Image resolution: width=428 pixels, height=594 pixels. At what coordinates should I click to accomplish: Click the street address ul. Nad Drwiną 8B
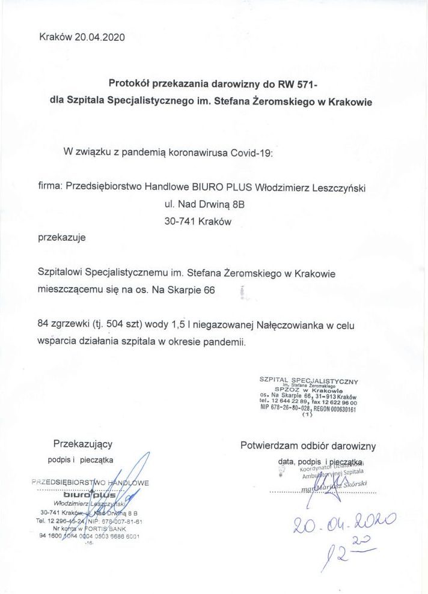pyautogui.click(x=204, y=204)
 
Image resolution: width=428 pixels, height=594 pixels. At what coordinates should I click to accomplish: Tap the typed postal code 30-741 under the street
pyautogui.click(x=179, y=221)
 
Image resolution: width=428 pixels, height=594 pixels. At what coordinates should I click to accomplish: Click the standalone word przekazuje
pyautogui.click(x=62, y=237)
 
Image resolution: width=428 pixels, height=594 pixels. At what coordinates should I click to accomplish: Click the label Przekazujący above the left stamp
pyautogui.click(x=82, y=444)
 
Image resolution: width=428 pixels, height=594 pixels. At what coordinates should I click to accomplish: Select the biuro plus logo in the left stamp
pyautogui.click(x=94, y=495)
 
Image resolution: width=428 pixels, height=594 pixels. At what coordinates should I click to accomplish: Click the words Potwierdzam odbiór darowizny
pyautogui.click(x=308, y=446)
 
